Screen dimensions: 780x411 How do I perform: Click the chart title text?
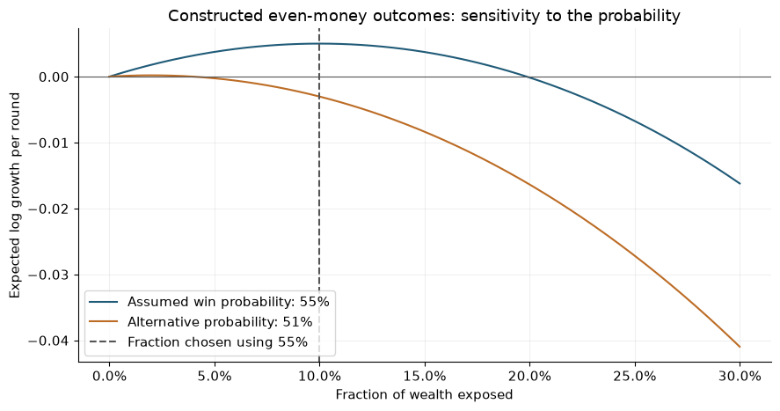(x=424, y=16)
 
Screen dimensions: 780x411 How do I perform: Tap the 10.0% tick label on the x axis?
(x=319, y=377)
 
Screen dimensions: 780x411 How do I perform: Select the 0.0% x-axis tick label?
(x=109, y=377)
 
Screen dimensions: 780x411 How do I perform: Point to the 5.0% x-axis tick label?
(x=215, y=377)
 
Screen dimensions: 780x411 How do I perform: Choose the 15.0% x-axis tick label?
(x=425, y=377)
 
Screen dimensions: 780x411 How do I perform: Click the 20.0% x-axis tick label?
(x=529, y=377)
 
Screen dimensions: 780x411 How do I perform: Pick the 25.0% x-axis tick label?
(x=635, y=377)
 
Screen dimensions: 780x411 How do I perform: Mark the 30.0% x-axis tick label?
(x=740, y=377)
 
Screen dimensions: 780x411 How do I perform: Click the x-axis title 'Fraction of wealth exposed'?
(x=424, y=394)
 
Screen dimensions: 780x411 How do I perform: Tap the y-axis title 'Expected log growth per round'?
(x=16, y=195)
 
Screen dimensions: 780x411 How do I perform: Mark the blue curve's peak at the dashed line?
(x=319, y=44)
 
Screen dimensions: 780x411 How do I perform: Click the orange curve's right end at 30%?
(x=740, y=347)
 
